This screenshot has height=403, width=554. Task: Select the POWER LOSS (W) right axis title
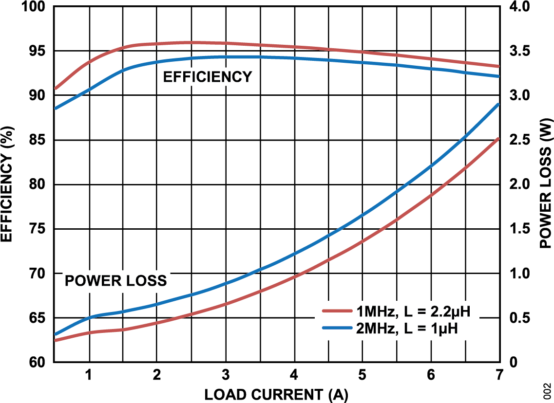pyautogui.click(x=546, y=183)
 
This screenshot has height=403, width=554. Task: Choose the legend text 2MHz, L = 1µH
pyautogui.click(x=406, y=329)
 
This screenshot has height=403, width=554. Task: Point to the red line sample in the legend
pyautogui.click(x=338, y=311)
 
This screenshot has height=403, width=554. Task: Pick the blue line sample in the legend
pyautogui.click(x=338, y=328)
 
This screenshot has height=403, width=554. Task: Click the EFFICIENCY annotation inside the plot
pyautogui.click(x=208, y=77)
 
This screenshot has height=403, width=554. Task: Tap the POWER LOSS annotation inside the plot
pyautogui.click(x=116, y=281)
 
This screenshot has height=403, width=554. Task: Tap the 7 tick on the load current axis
pyautogui.click(x=499, y=376)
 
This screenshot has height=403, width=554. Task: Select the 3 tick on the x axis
pyautogui.click(x=225, y=376)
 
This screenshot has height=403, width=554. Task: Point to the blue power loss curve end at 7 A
pyautogui.click(x=498, y=105)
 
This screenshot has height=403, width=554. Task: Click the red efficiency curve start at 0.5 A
pyautogui.click(x=56, y=89)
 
